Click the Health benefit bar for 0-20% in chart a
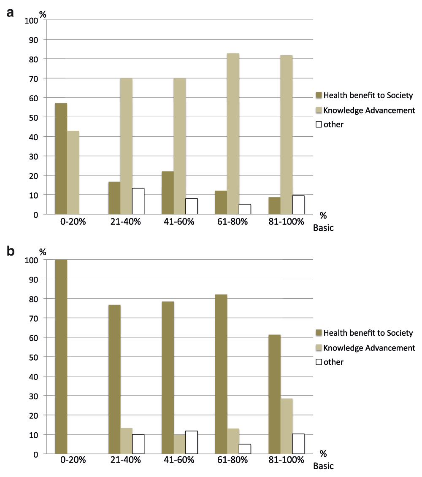point(61,159)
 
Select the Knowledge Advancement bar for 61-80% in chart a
point(233,134)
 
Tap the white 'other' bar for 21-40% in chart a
point(138,201)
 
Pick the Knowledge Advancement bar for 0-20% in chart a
point(73,172)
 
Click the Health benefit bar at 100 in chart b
point(61,356)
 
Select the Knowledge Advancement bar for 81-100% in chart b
point(287,426)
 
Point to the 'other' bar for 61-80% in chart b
point(245,449)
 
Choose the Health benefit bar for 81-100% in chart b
point(275,394)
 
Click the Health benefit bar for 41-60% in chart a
point(168,193)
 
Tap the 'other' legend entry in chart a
point(330,124)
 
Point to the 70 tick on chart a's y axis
point(34,79)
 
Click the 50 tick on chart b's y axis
point(34,357)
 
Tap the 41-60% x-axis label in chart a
point(179,221)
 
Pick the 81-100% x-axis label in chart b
point(286,459)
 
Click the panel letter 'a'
point(11,13)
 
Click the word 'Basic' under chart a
point(323,228)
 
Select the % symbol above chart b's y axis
point(43,252)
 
